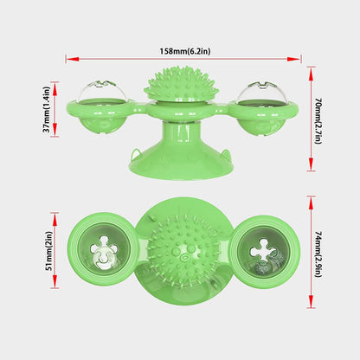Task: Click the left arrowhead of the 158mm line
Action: (x=68, y=59)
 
